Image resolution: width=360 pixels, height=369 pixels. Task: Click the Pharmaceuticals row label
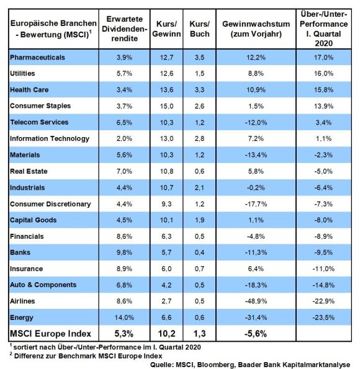tap(37, 58)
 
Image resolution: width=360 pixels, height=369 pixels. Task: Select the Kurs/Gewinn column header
tap(166, 29)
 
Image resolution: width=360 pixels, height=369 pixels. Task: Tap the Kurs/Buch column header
tap(199, 29)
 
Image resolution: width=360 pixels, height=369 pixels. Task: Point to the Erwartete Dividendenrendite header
tap(124, 29)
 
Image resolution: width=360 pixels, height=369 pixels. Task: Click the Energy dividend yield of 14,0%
tap(124, 318)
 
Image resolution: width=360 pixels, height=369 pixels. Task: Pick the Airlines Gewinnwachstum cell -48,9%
tap(256, 301)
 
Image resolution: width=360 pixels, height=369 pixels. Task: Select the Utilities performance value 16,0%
tap(323, 73)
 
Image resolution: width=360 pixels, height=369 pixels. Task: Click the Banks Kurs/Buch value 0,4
tap(199, 252)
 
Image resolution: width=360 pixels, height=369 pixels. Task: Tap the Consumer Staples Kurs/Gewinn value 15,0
tap(166, 106)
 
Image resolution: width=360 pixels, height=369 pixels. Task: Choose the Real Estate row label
tap(29, 171)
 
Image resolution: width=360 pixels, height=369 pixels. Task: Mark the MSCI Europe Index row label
tap(50, 334)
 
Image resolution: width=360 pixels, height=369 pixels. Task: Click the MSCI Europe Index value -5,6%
tap(256, 334)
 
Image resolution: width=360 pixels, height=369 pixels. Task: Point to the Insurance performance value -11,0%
tap(323, 269)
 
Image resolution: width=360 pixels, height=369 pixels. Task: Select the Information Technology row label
tap(50, 139)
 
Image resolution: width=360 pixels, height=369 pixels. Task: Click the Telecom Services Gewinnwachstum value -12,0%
tap(256, 122)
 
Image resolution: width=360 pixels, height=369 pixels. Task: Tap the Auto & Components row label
tap(43, 285)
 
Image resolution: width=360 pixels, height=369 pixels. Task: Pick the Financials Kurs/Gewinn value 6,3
tap(166, 236)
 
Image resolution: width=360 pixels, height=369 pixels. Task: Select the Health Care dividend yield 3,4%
tap(124, 90)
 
